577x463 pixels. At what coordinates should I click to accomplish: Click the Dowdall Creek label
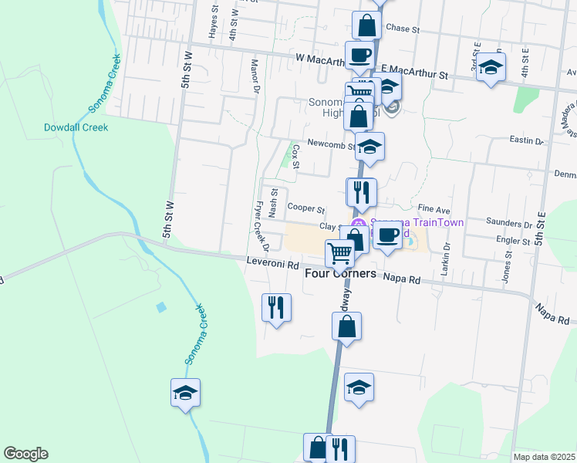pos(76,127)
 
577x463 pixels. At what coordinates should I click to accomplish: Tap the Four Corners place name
pos(340,273)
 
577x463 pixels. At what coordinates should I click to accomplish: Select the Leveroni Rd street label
pos(272,264)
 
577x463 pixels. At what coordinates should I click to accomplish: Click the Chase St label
pos(401,29)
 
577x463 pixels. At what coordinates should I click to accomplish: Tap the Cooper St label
pos(306,208)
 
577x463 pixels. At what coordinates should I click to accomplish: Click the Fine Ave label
pos(434,209)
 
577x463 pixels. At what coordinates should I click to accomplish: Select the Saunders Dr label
pos(509,223)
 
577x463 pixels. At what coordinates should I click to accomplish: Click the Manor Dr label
pos(254,75)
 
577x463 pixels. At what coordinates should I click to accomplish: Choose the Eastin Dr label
pos(527,140)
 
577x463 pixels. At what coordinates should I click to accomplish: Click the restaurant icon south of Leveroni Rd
pos(276,308)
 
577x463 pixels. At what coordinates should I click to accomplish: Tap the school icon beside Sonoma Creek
pos(185,393)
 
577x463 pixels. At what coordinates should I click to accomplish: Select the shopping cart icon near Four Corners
pos(339,252)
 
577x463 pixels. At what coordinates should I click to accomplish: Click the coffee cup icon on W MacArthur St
pos(359,55)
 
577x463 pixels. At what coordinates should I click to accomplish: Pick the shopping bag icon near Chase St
pos(367,25)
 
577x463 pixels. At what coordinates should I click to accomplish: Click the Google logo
pos(25,454)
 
